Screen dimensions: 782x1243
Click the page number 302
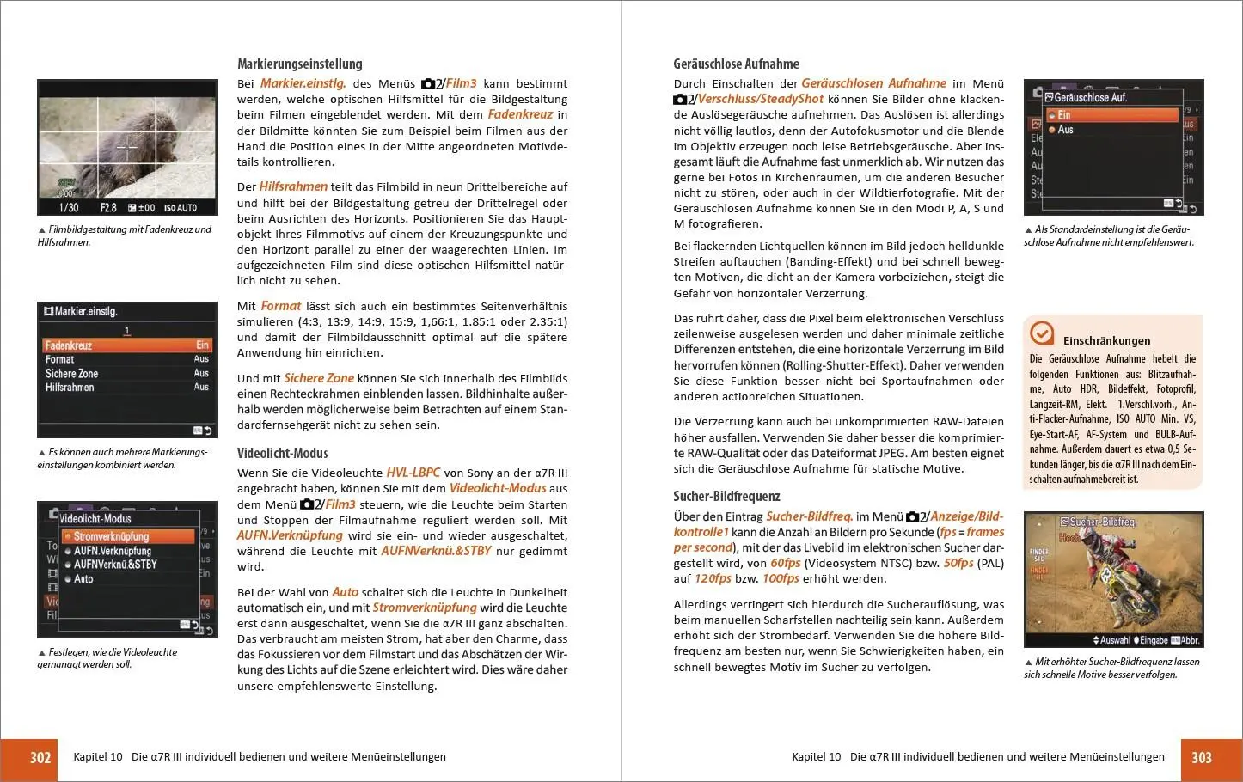coord(40,757)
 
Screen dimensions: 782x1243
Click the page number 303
coord(1202,757)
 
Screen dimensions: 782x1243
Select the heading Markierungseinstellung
coord(299,64)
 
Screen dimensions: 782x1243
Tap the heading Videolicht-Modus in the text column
coord(282,453)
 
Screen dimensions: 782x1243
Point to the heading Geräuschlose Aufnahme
coord(736,64)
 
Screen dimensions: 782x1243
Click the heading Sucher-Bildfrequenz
coord(726,496)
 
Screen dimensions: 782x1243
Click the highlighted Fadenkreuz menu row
coord(127,345)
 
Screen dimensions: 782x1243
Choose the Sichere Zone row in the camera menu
coord(72,374)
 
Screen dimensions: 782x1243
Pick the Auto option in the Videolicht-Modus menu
coord(83,579)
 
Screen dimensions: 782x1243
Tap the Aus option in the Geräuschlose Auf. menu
coord(1066,130)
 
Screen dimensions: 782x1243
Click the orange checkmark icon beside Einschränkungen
coord(1041,333)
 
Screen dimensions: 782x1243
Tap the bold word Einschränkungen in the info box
coord(1106,340)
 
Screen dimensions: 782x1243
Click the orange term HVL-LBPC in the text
coord(413,473)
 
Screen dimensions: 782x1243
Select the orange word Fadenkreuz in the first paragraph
coord(520,114)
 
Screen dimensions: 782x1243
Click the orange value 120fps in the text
coord(713,578)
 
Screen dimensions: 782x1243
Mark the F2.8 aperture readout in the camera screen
coord(108,207)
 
